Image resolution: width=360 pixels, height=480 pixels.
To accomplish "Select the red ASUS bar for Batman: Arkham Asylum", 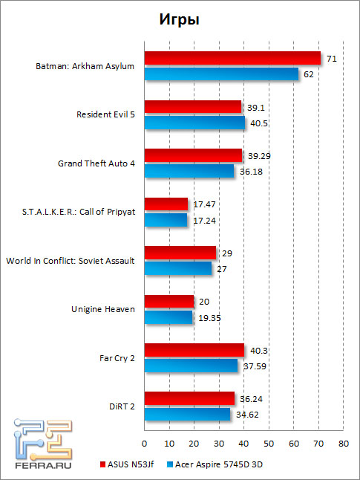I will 232,58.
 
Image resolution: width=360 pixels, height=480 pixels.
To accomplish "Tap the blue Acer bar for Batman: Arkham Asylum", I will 221,74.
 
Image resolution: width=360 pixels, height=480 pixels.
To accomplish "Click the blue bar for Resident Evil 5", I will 194,122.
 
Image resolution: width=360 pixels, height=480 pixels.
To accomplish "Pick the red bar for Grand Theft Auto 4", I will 193,155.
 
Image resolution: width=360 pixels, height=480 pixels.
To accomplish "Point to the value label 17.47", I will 203,204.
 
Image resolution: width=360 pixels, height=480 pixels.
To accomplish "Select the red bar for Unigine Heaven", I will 169,301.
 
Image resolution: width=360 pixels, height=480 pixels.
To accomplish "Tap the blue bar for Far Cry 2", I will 191,365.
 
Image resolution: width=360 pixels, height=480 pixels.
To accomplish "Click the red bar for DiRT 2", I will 189,398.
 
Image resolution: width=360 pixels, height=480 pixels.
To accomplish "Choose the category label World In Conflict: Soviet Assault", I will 70,260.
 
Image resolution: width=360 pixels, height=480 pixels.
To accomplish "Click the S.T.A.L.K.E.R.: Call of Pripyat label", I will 79,212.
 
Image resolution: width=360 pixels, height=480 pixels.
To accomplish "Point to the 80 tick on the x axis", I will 344,444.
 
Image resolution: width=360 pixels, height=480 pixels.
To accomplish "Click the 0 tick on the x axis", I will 144,444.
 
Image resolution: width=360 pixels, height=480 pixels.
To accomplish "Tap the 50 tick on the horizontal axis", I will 269,444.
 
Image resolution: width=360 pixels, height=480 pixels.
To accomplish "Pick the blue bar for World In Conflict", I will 178,268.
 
